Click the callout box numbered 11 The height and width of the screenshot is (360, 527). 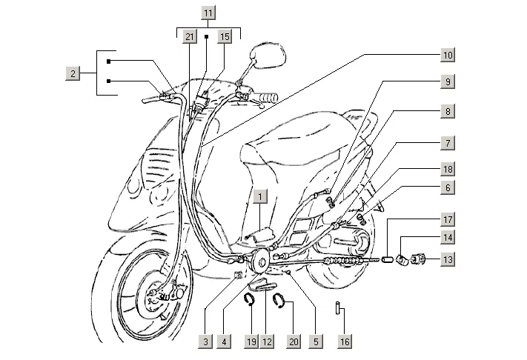(209, 13)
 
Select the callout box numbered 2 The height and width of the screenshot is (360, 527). (72, 73)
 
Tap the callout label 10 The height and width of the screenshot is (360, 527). (448, 55)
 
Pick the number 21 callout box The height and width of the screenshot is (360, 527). (189, 36)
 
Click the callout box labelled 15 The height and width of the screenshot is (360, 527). (225, 36)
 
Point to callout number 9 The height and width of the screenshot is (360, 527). (448, 81)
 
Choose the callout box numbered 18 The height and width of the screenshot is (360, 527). (448, 169)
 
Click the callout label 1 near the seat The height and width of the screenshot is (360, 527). (259, 196)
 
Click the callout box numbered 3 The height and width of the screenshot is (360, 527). (205, 341)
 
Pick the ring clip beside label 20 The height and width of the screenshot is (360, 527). (280, 299)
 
